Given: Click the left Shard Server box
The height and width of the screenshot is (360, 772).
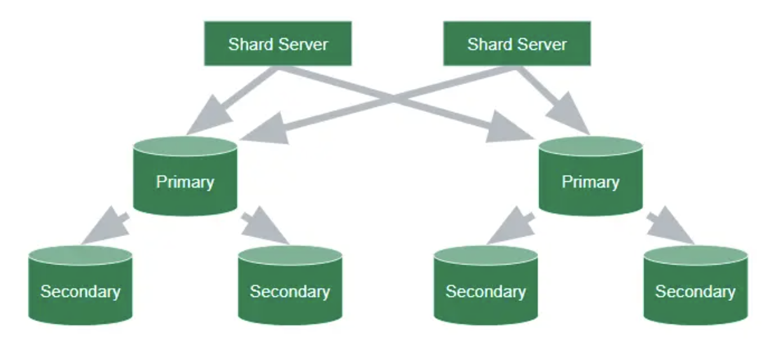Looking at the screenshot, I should point(278,44).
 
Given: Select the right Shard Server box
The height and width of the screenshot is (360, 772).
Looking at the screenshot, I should point(516,44).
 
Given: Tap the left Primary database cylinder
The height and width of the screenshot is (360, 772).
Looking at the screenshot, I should point(185,178).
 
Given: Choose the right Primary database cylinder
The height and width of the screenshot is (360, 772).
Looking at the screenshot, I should point(590,178).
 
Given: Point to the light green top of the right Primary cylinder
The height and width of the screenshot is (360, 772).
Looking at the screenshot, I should point(590,146).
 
